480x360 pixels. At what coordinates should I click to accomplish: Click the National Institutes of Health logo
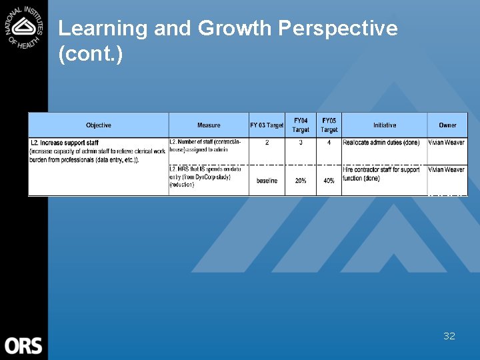23,26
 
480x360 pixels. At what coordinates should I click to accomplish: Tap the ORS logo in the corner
23,345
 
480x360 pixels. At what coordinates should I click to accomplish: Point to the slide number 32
449,336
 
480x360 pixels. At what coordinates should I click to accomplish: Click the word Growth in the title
235,29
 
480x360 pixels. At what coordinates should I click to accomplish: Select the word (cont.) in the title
91,54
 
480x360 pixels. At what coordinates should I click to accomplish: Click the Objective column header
99,125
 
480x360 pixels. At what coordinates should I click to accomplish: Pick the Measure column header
209,125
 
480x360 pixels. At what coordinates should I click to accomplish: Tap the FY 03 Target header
267,125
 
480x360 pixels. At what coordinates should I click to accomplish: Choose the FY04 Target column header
301,125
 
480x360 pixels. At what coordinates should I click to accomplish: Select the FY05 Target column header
329,125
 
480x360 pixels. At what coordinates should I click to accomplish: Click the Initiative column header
384,125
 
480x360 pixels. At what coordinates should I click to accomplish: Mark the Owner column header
447,125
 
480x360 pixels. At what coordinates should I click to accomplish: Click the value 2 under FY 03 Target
267,143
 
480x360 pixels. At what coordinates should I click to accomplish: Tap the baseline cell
267,181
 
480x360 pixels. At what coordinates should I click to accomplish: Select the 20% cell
301,181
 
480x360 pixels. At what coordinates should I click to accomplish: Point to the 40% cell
329,181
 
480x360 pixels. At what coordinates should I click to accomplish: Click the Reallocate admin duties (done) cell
381,143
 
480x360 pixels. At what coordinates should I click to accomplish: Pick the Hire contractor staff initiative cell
381,174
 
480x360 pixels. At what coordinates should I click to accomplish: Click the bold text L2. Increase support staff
65,143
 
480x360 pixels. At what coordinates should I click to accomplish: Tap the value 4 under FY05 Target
329,143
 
